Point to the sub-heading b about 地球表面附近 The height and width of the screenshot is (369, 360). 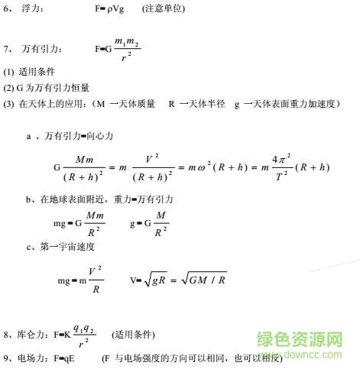[99, 199]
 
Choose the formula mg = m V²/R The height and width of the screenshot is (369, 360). [80, 280]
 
